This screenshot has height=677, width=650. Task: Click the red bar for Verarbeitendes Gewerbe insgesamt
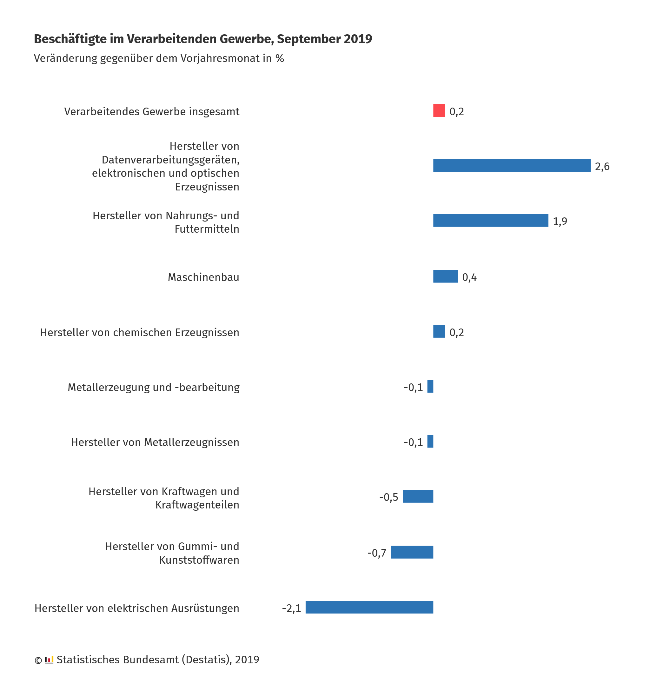(439, 110)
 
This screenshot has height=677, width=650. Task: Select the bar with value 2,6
(512, 165)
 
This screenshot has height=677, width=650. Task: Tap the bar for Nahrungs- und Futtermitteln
(491, 220)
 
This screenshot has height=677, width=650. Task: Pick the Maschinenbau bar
(446, 276)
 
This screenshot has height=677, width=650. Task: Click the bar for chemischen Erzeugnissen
(439, 331)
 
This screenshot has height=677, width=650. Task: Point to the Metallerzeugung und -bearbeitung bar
(430, 386)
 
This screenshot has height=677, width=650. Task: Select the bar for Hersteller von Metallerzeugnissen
(430, 441)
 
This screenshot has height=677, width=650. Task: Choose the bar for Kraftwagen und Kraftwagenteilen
(418, 496)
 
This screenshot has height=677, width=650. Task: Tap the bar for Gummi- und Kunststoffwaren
(412, 552)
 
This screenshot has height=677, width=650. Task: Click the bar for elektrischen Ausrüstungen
(369, 607)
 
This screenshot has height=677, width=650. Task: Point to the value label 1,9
(560, 221)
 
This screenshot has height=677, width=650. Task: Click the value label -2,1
(291, 608)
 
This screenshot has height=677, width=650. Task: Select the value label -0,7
(377, 553)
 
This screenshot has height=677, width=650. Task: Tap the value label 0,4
(469, 277)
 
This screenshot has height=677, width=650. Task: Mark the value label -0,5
(389, 497)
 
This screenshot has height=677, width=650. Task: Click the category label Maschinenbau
(203, 277)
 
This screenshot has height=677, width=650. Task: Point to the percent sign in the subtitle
(280, 58)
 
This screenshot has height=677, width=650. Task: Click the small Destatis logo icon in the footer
(49, 660)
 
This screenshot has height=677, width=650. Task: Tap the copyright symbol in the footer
(38, 660)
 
